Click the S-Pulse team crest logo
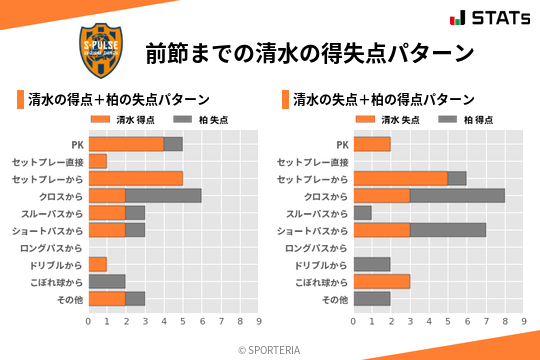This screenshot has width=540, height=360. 104,51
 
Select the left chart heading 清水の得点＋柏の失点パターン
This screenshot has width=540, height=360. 118,99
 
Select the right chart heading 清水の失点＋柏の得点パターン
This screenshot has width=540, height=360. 384,99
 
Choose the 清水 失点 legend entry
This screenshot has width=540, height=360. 384,119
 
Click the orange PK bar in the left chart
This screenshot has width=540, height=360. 126,144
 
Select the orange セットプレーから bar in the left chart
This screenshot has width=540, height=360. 136,178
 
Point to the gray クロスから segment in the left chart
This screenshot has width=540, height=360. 164,195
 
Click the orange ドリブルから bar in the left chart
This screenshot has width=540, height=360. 98,264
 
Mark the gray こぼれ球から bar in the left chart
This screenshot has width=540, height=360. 107,281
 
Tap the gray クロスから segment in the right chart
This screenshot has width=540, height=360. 457,195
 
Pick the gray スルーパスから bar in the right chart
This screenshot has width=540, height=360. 363,213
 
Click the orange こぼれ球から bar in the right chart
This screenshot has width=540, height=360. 382,281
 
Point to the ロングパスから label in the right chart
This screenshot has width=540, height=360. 316,247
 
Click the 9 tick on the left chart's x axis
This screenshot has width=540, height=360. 259,321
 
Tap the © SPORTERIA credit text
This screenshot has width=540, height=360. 270,349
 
